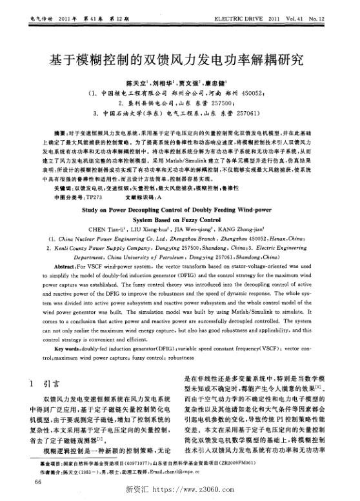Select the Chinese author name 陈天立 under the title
(136, 84)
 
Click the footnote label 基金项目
(50, 463)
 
